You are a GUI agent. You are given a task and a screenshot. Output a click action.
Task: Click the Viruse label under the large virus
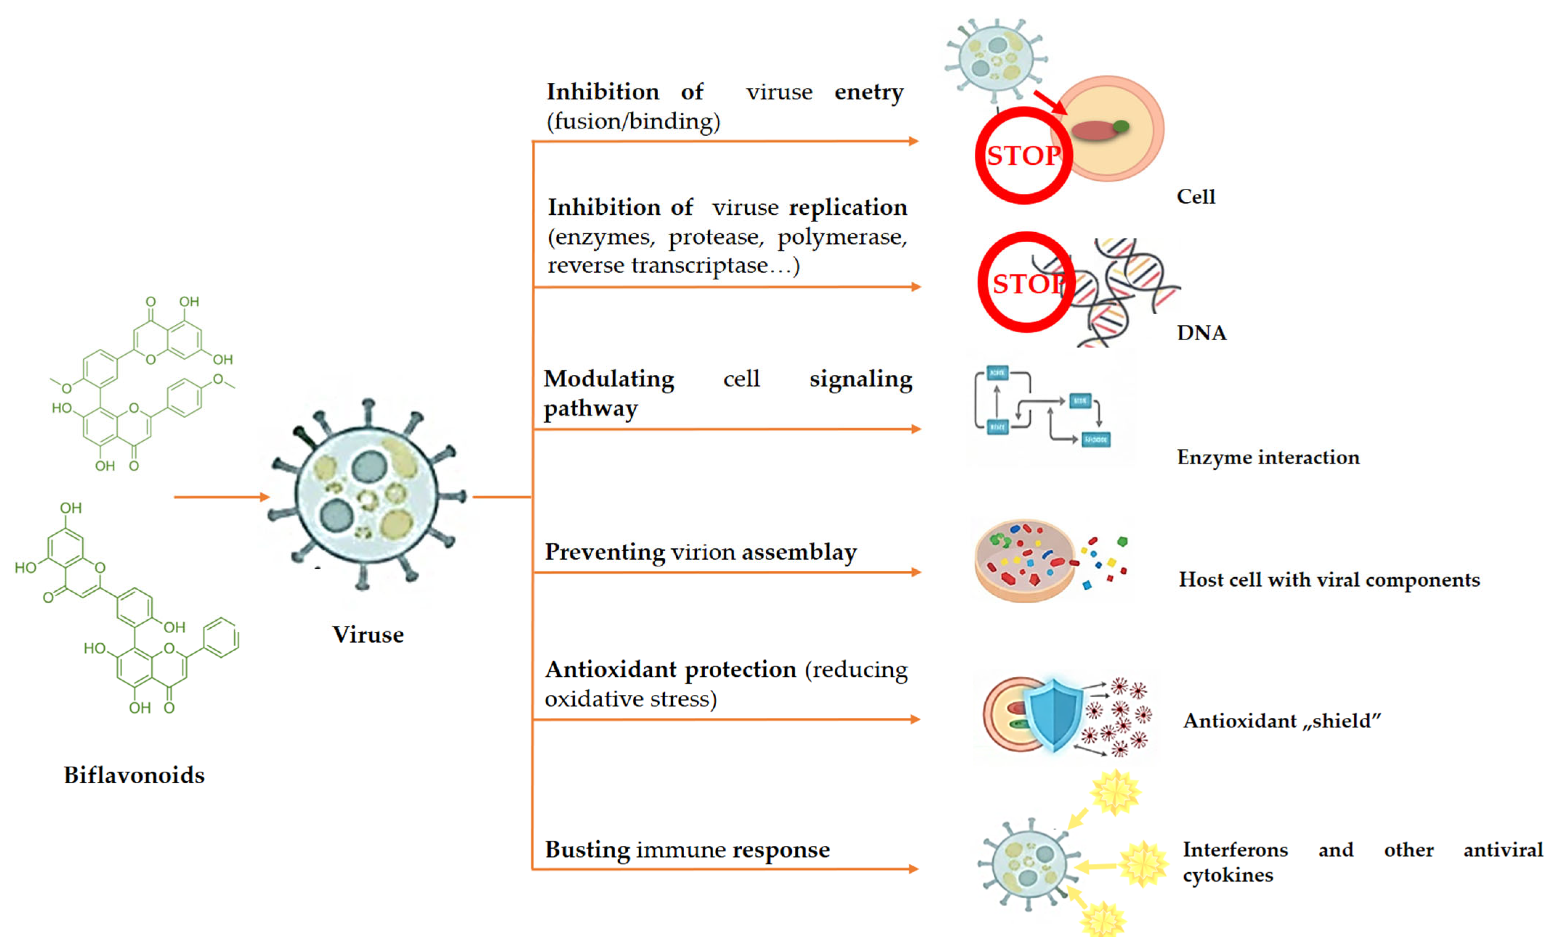click(x=368, y=635)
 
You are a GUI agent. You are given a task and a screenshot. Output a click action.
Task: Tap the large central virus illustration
click(x=368, y=496)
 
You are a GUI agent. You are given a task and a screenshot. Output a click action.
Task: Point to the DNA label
click(x=1201, y=333)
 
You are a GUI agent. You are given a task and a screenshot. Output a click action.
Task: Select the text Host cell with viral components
click(x=1329, y=579)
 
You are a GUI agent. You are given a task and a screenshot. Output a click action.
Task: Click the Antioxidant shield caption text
click(x=1282, y=720)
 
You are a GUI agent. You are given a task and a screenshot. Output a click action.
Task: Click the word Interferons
click(x=1235, y=850)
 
